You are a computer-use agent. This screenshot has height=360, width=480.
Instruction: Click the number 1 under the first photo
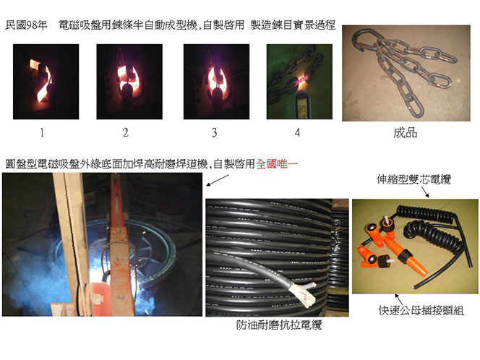42,132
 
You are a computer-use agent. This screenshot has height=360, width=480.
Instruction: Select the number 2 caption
125,132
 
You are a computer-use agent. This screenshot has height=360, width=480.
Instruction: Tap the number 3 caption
215,132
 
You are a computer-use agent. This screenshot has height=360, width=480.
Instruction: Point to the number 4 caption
297,132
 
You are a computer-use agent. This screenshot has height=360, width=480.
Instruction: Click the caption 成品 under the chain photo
406,133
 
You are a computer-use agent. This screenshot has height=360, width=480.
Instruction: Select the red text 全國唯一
277,164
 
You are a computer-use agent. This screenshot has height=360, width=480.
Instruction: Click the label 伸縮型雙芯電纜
414,179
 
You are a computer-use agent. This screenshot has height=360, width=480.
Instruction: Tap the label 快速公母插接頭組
421,310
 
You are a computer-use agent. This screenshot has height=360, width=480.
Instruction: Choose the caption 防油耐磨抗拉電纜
279,325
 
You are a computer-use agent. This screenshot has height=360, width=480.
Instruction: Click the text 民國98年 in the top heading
26,25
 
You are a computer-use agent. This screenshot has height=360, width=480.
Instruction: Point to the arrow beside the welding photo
218,180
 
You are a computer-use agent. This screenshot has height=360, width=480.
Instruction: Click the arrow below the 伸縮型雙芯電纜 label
426,192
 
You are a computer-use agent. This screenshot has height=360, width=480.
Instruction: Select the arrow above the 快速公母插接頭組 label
399,300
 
